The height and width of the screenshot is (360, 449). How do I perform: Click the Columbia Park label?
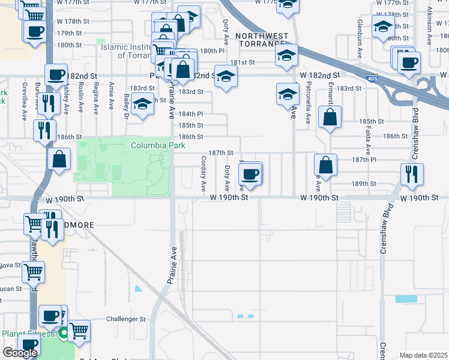(159, 145)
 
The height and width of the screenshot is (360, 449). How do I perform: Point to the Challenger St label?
(126, 319)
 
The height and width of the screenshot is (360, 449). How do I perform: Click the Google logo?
(20, 352)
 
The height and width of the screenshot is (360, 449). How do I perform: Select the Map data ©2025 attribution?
(423, 355)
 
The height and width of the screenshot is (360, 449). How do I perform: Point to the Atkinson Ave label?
(429, 26)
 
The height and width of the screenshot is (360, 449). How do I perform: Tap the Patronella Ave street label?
(308, 102)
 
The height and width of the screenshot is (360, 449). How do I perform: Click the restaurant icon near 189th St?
(412, 173)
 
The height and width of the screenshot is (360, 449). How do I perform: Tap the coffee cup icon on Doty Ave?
(250, 174)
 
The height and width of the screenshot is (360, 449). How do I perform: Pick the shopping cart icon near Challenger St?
(78, 329)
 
